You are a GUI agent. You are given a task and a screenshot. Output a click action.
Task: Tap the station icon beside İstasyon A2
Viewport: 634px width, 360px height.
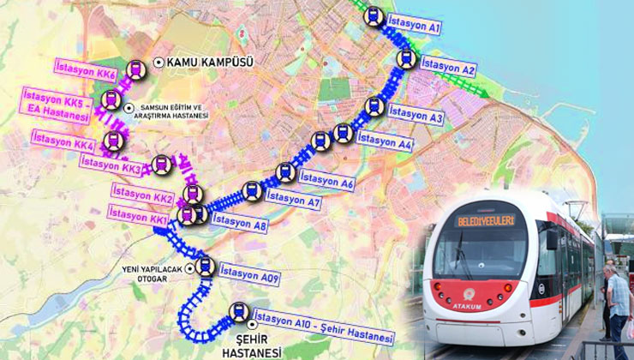pyautogui.click(x=406, y=58)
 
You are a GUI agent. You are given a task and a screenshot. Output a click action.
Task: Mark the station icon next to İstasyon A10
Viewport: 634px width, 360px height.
pyautogui.click(x=239, y=313)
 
